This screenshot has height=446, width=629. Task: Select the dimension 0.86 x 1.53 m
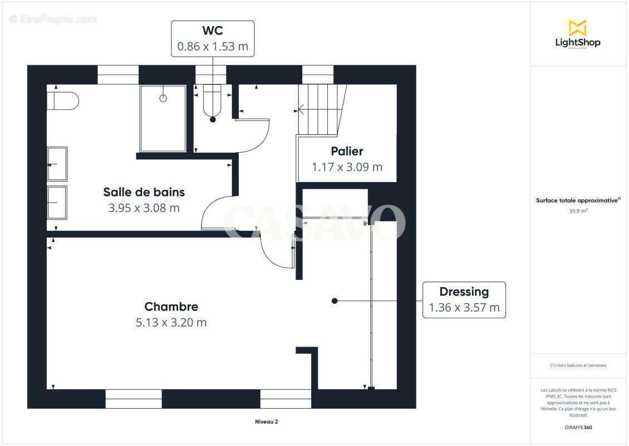213,46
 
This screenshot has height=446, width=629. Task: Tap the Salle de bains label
144,192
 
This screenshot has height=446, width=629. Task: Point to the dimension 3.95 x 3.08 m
144,208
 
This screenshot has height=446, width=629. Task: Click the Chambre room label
171,307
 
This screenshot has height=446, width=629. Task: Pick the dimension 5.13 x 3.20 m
171,322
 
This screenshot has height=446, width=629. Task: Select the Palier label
347,151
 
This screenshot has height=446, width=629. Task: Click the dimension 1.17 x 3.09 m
347,167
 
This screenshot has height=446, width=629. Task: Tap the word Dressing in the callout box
464,292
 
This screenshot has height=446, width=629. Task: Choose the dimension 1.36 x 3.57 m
464,307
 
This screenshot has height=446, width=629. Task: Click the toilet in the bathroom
62,101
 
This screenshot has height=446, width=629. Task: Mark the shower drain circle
163,98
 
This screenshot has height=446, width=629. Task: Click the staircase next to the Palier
318,110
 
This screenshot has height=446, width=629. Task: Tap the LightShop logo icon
577,27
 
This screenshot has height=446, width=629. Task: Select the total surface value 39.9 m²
578,211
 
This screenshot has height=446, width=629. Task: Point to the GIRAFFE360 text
578,428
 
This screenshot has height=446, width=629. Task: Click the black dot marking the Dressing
335,301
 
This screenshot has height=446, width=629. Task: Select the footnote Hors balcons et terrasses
578,365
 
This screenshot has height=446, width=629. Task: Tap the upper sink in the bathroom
57,164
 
